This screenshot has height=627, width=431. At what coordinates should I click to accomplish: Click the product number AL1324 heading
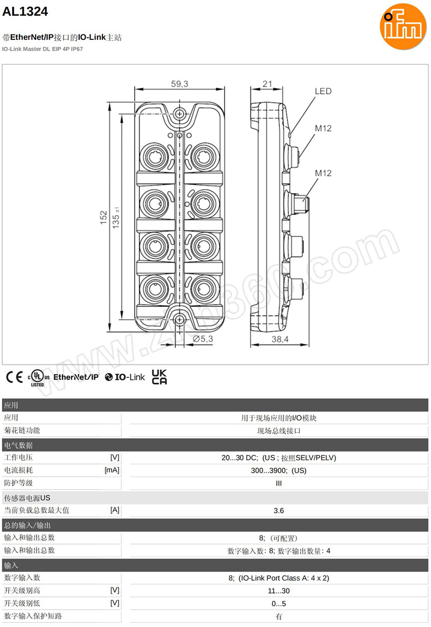click(25, 11)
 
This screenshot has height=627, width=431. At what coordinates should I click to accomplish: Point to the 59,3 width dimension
click(179, 83)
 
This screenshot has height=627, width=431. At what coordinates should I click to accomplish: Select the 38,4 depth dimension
click(280, 339)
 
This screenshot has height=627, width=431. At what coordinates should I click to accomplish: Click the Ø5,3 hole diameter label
click(203, 339)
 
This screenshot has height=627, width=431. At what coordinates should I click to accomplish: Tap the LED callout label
click(323, 91)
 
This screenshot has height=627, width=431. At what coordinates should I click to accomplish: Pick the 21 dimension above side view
click(267, 83)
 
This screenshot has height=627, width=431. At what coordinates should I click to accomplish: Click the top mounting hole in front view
click(179, 113)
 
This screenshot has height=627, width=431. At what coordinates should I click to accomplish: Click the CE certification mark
click(14, 377)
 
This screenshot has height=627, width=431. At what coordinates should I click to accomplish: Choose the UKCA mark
click(159, 377)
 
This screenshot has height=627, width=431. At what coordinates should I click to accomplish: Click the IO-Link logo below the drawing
click(125, 377)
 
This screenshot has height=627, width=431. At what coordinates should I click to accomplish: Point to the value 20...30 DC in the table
click(240, 458)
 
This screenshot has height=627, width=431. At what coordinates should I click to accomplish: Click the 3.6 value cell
click(279, 511)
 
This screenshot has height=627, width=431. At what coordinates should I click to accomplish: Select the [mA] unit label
click(112, 470)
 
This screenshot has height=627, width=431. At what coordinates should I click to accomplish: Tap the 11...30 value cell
click(279, 591)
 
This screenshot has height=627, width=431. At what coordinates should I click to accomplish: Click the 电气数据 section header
click(19, 445)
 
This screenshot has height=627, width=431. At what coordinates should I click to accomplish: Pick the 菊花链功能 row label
click(22, 431)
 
